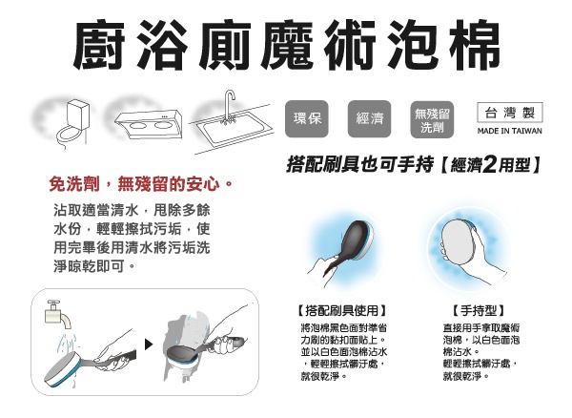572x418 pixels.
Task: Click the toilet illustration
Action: coord(71,123)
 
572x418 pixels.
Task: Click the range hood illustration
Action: coord(148,123)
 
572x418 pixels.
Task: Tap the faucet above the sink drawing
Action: coord(230,107)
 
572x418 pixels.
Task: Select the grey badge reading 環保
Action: coord(307,118)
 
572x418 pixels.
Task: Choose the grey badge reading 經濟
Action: coord(370,118)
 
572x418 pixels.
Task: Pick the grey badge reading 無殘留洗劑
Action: coord(432,119)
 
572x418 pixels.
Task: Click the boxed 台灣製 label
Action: coord(510,113)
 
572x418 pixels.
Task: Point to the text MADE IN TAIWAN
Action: coord(510,131)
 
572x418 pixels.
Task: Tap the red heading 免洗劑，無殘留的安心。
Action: coord(141,183)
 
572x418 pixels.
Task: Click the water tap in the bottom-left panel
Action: coord(57,314)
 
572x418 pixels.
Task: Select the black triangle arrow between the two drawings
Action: coord(149,345)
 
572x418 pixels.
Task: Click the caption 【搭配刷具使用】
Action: coord(342,311)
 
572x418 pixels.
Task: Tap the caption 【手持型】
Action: coord(479,311)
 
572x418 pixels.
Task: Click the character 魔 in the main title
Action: coord(288,45)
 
